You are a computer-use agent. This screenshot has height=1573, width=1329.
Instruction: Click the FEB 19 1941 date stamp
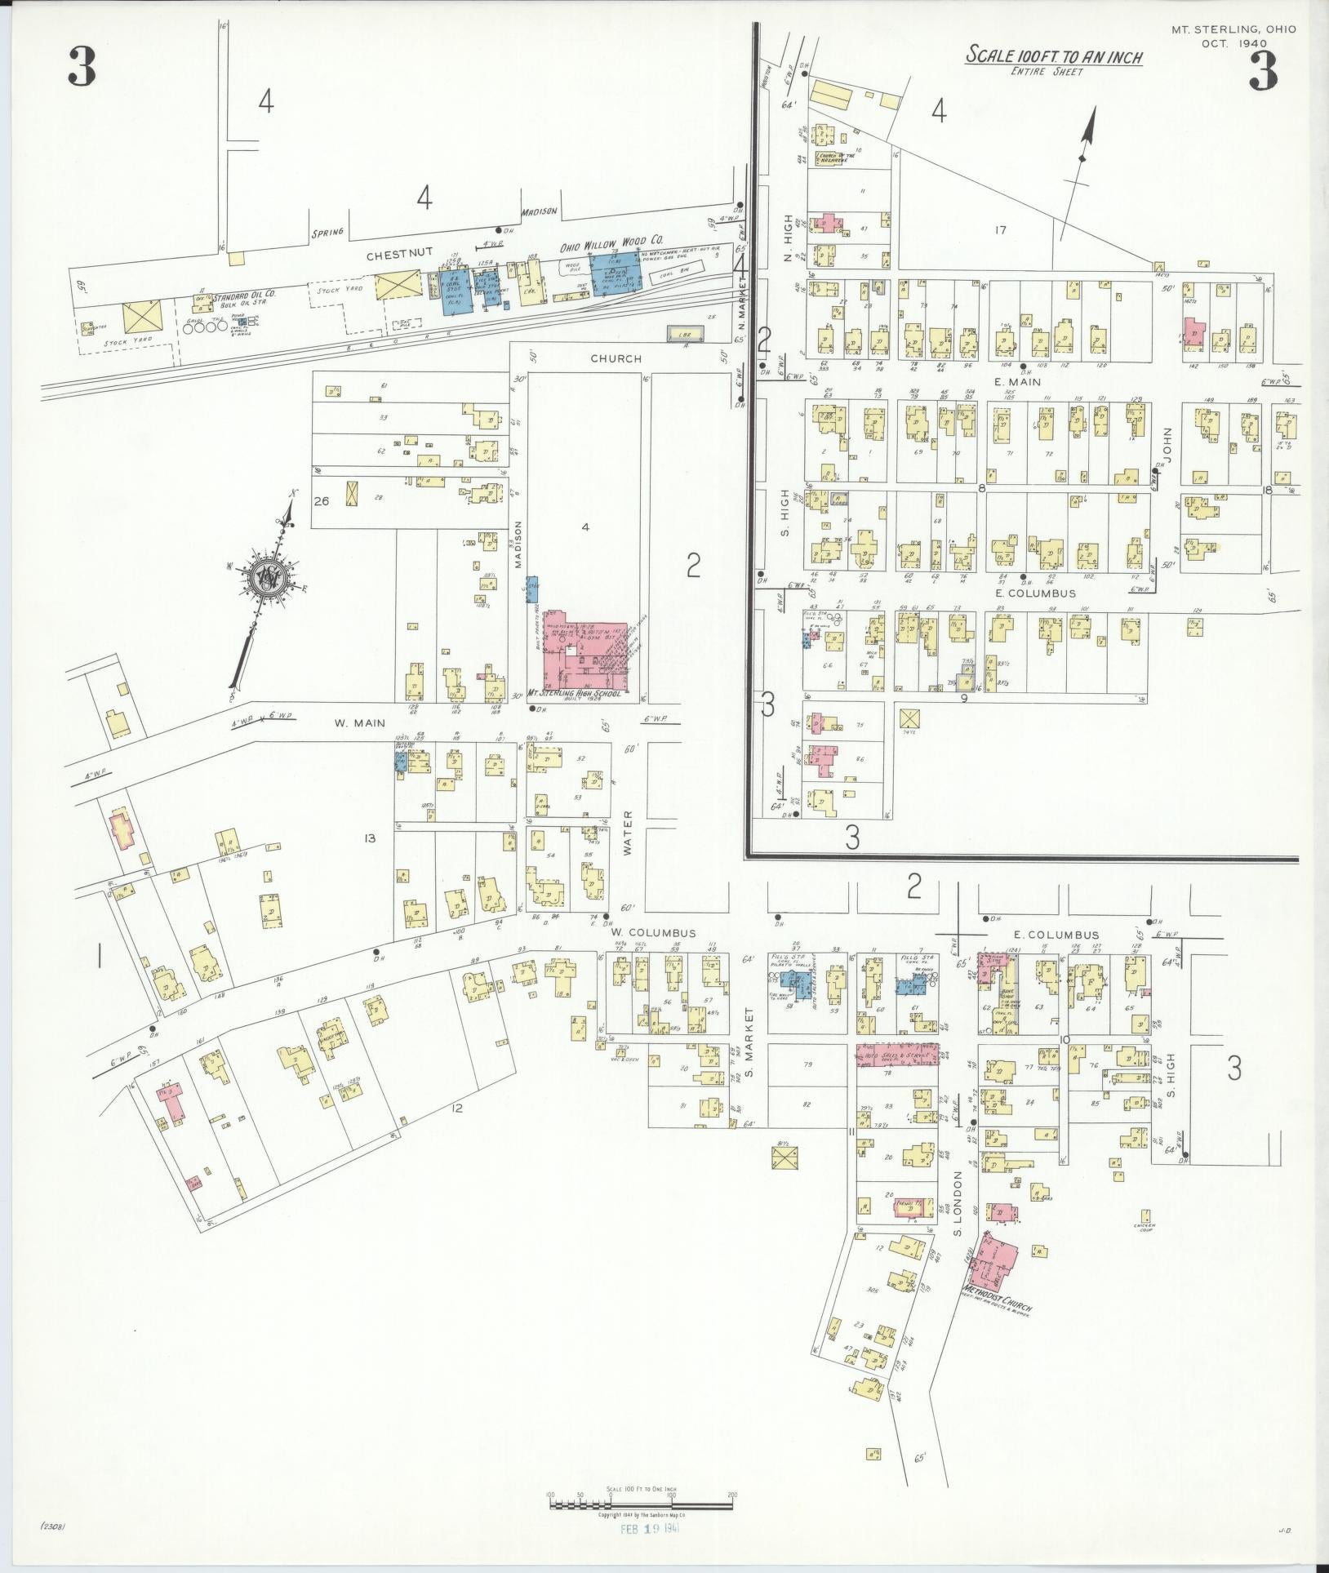pyautogui.click(x=648, y=1526)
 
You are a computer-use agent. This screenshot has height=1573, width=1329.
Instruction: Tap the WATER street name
pyautogui.click(x=628, y=833)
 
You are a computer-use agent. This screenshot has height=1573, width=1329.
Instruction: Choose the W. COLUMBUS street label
pyautogui.click(x=653, y=933)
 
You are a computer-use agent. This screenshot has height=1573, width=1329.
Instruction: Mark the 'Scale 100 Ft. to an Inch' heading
pyautogui.click(x=1054, y=56)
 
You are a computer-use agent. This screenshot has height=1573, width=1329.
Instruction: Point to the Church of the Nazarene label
pyautogui.click(x=838, y=158)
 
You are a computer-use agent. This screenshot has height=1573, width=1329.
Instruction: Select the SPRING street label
pyautogui.click(x=327, y=232)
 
